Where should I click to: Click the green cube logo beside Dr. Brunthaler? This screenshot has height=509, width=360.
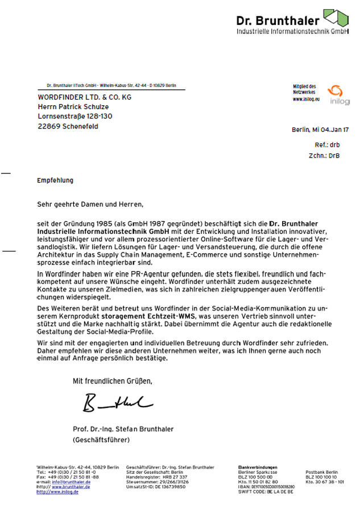pyautogui.click(x=334, y=18)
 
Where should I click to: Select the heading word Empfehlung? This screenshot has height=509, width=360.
pyautogui.click(x=55, y=180)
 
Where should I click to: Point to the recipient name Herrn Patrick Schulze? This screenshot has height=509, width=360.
pyautogui.click(x=73, y=106)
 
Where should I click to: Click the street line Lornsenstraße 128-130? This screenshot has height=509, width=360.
pyautogui.click(x=75, y=117)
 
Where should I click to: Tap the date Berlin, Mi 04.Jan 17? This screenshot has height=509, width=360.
pyautogui.click(x=320, y=130)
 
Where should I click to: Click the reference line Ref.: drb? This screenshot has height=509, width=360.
pyautogui.click(x=330, y=145)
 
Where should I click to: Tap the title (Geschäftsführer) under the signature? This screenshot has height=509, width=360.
pyautogui.click(x=101, y=440)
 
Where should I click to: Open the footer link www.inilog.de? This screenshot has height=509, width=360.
pyautogui.click(x=57, y=491)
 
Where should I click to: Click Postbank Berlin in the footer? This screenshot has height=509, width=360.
pyautogui.click(x=321, y=472)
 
